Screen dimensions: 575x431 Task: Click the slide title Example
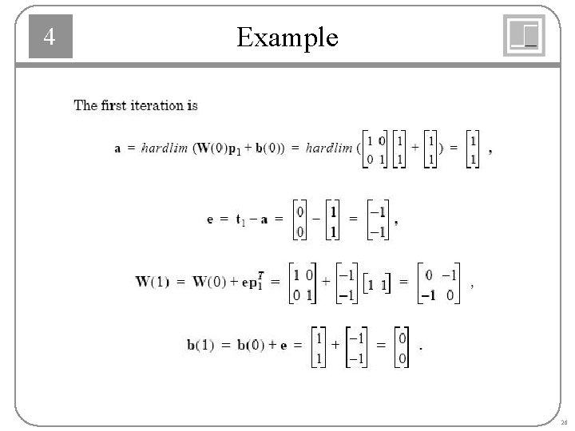pos(287,37)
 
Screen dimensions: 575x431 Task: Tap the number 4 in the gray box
pos(50,38)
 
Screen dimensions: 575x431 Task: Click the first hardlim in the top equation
pos(165,148)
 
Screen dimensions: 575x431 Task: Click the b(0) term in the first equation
pos(263,148)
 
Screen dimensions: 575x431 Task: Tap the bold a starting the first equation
pos(119,148)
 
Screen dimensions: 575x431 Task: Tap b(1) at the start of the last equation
pos(200,346)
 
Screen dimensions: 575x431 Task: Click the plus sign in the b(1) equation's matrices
pos(335,345)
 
